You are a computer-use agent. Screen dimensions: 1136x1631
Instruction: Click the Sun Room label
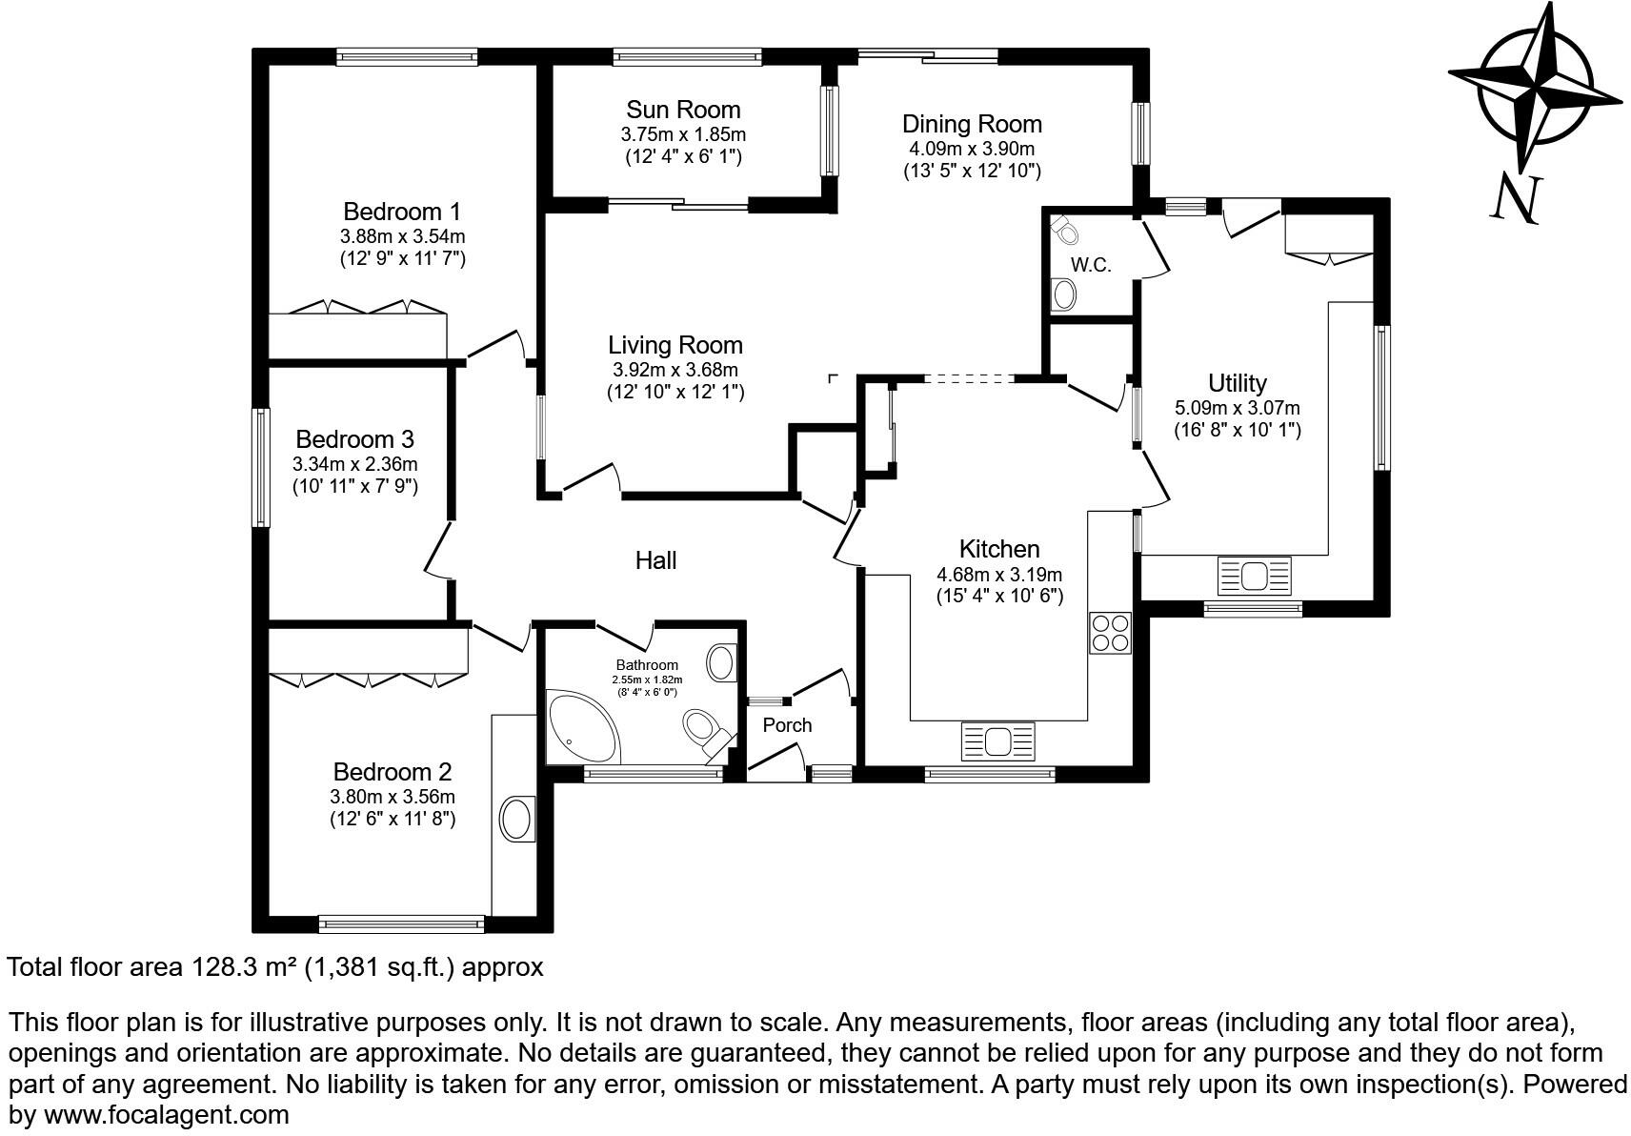(683, 110)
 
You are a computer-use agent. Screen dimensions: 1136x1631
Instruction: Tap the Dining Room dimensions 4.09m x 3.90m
(972, 149)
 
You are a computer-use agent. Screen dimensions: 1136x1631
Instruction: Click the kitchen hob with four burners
(1110, 632)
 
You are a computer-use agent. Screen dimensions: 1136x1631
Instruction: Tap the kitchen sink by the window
(997, 740)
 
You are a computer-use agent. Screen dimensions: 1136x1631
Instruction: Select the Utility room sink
(1254, 577)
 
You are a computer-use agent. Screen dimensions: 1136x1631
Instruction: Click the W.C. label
(1091, 265)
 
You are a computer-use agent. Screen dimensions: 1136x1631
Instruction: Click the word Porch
(787, 725)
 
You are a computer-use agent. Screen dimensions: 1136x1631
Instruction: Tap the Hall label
(655, 560)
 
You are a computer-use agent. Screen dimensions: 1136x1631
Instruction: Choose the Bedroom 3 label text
(354, 439)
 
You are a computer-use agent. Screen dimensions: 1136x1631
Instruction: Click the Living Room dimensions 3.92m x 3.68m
(675, 370)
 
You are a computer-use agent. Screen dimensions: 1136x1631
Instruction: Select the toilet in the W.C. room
(1064, 230)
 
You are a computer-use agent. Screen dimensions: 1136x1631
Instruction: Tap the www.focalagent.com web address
(166, 1114)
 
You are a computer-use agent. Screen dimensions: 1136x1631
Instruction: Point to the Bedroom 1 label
(402, 211)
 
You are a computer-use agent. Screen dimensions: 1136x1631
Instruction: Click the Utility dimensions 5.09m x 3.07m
(1237, 408)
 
